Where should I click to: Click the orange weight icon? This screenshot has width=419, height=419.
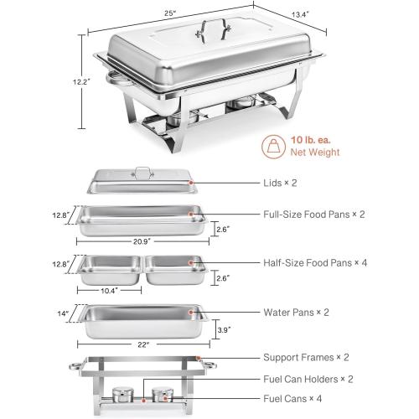coord(273,147)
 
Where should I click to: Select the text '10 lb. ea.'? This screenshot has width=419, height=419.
coord(314,139)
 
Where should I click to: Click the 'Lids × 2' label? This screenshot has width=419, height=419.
coord(302,182)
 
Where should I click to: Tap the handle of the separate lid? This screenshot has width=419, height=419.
coord(144,173)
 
